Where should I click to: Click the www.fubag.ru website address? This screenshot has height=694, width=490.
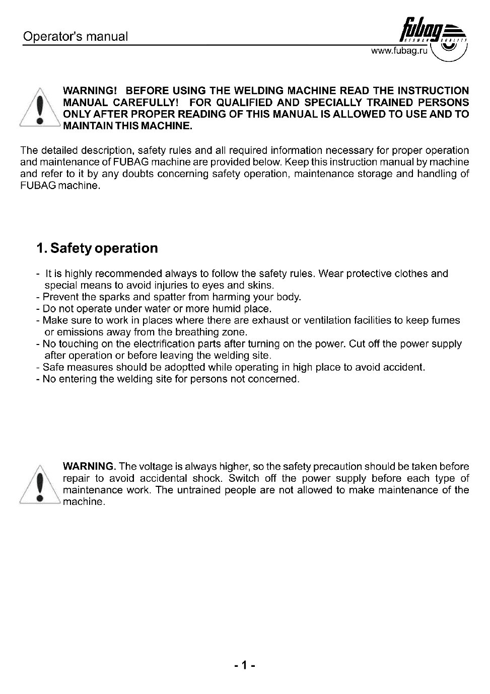click(x=399, y=51)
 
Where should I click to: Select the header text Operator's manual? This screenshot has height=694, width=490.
click(x=76, y=37)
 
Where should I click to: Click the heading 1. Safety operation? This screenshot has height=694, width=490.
click(x=97, y=248)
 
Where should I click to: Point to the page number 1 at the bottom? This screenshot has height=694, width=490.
click(x=245, y=666)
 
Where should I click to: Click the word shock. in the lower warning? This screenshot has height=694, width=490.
click(x=207, y=478)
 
